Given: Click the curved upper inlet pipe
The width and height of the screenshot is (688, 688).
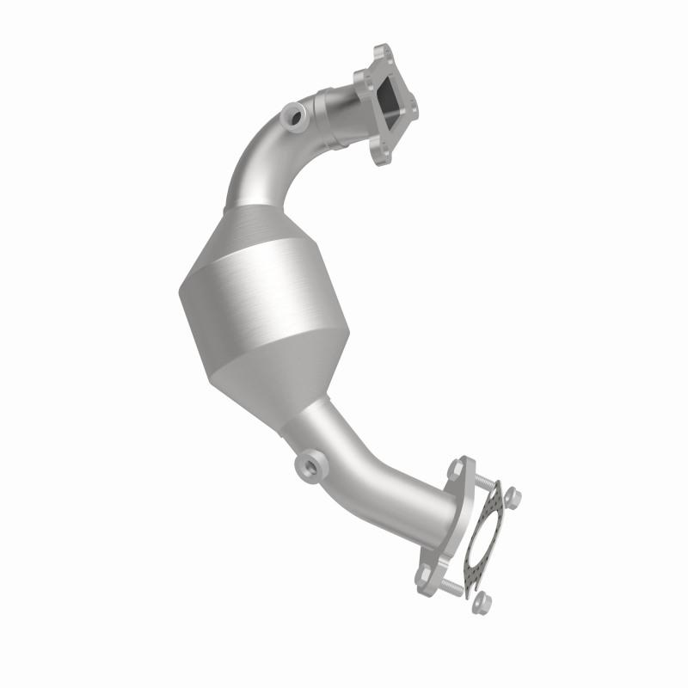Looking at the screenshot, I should [x=258, y=163].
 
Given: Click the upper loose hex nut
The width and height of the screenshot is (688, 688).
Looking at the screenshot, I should [x=514, y=494].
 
